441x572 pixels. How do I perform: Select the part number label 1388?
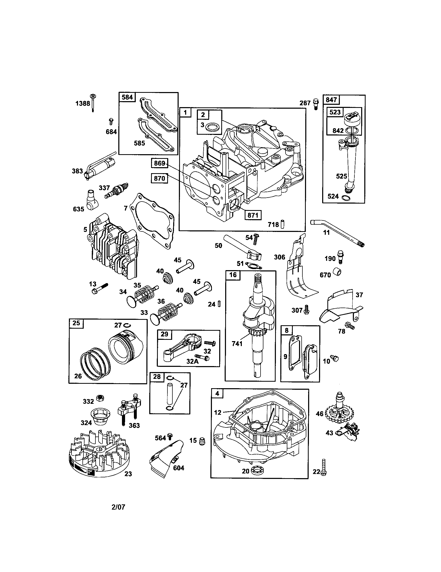[83, 103]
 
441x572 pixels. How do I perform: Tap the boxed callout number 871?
[253, 215]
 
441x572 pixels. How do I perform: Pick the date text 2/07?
[118, 507]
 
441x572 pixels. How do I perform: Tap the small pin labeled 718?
[282, 224]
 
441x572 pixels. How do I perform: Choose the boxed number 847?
[331, 100]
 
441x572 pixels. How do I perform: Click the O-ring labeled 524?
[346, 197]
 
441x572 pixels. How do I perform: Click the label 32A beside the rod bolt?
[192, 361]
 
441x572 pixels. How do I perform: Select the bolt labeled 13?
[99, 288]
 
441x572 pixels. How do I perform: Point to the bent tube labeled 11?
[336, 232]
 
